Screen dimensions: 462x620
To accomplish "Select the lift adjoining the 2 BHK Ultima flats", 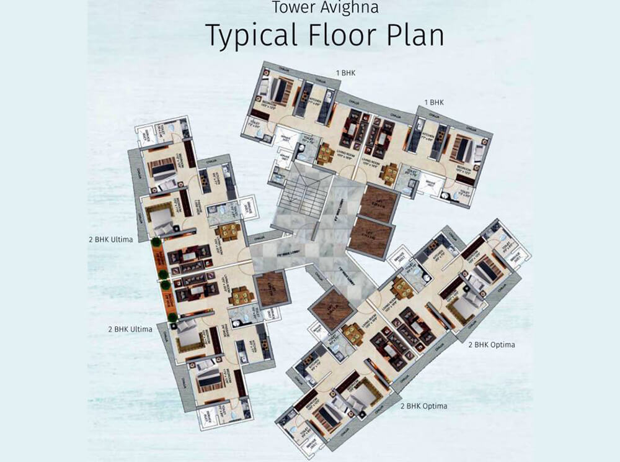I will pos(272,289).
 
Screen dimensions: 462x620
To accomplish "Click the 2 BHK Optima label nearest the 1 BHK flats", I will pos(492,344).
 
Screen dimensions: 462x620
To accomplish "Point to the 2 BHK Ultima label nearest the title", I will pos(111,239).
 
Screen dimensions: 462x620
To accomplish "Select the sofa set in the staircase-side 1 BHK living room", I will pos(352,130).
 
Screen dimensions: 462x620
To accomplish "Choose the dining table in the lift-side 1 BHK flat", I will pos(389,173).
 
